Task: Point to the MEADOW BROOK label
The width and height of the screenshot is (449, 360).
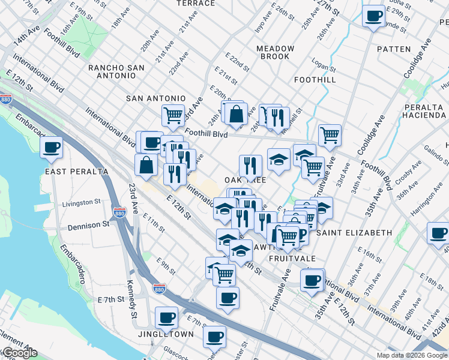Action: (276, 52)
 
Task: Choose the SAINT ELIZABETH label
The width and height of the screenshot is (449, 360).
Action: (354, 232)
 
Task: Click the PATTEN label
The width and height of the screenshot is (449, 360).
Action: (394, 49)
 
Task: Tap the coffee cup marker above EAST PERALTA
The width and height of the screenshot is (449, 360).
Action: (52, 146)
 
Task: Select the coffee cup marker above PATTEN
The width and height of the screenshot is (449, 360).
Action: (374, 16)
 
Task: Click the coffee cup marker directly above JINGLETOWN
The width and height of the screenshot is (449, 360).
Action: (166, 317)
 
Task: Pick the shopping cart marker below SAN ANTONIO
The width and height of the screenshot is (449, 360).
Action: (173, 115)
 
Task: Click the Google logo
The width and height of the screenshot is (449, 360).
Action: (19, 353)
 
